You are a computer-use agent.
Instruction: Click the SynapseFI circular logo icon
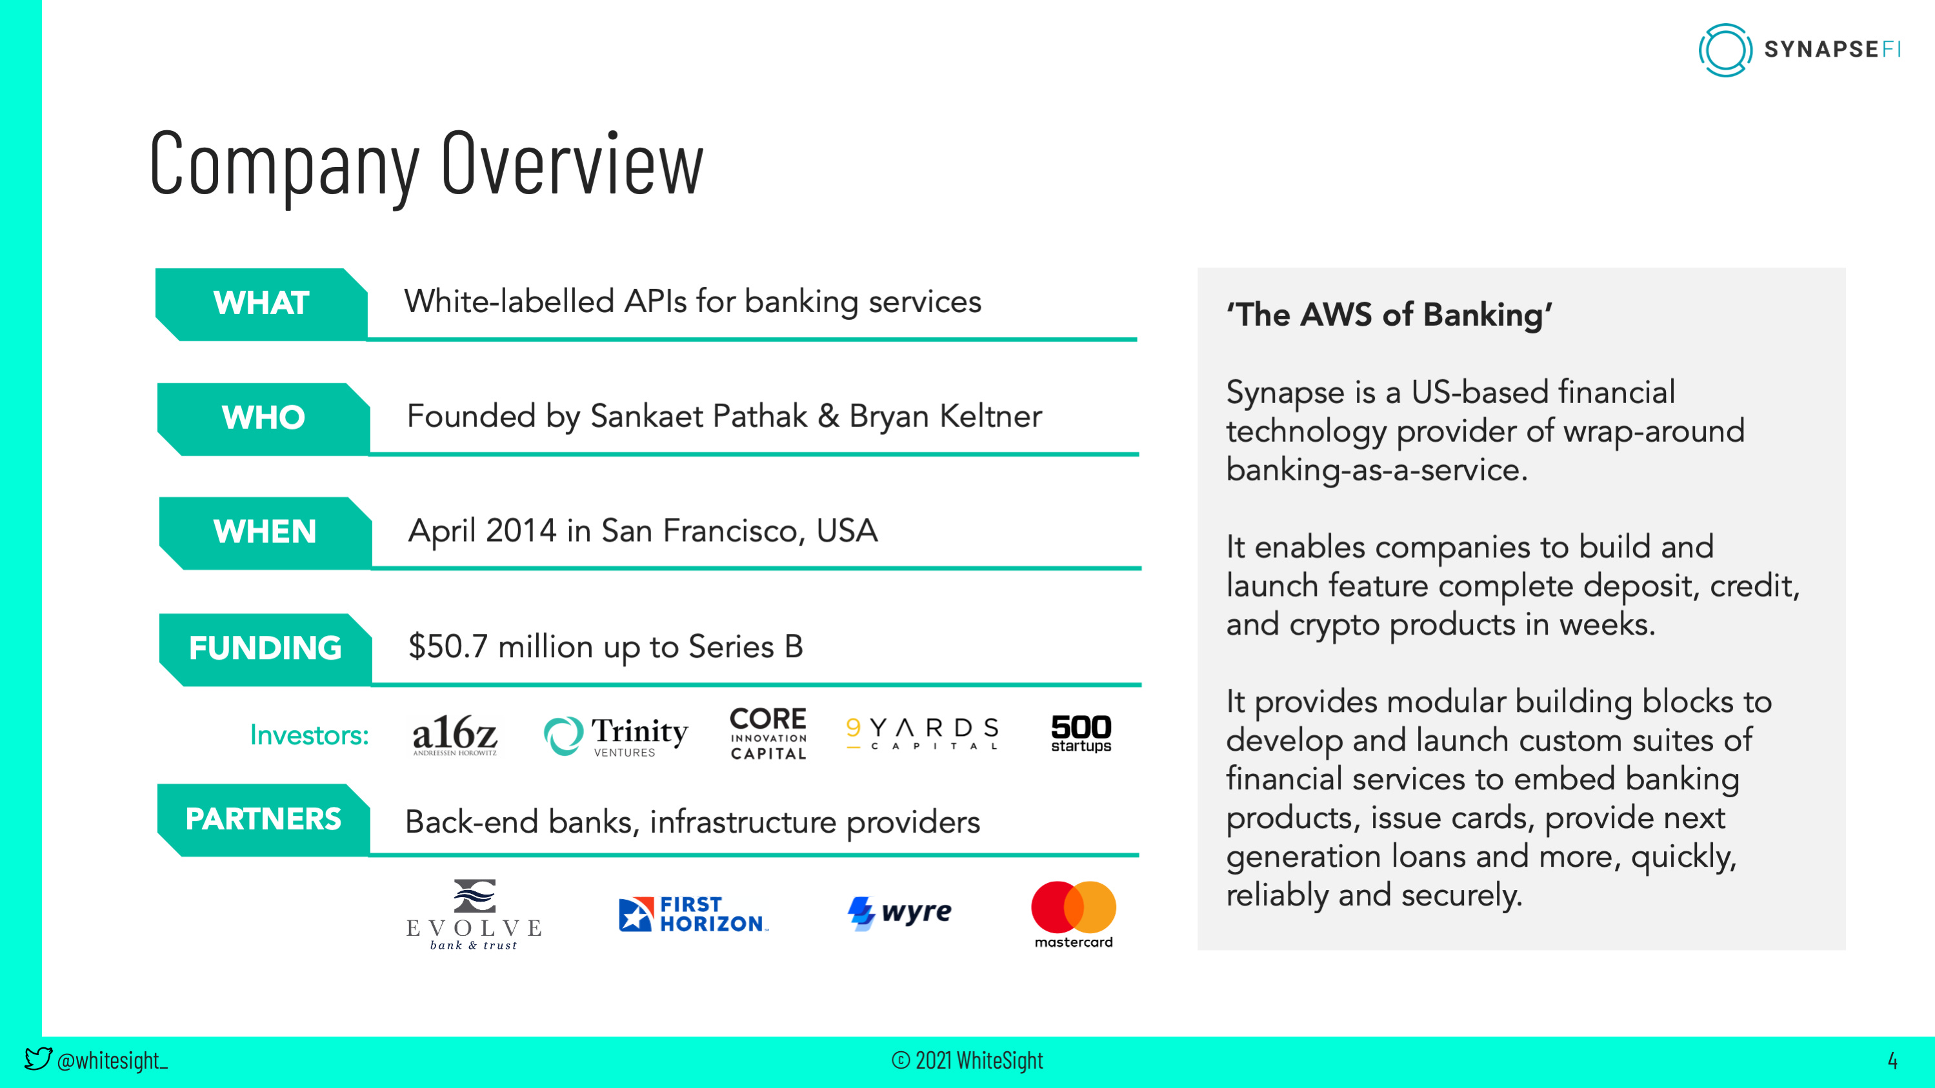coord(1725,50)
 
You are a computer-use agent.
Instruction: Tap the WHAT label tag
coord(261,303)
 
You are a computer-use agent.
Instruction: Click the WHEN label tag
coord(265,532)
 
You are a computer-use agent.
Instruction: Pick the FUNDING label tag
coord(265,649)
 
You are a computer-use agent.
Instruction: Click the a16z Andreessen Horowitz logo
coord(454,735)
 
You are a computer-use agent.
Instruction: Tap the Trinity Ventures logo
coord(616,735)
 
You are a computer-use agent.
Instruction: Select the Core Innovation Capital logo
coord(768,733)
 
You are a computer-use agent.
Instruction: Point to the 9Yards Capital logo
coord(923,733)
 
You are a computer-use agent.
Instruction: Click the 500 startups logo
coord(1080,733)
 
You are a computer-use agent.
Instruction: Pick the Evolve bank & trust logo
coord(474,914)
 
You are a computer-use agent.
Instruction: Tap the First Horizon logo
coord(692,914)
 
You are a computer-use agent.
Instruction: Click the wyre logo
coord(899,913)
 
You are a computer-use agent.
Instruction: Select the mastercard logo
coord(1074,914)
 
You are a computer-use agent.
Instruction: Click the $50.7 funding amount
coord(448,646)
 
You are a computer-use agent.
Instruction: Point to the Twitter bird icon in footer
coord(37,1059)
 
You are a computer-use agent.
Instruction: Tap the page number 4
coord(1892,1060)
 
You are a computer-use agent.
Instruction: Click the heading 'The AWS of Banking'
coord(1389,315)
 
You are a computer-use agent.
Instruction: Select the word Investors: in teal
coord(308,735)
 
